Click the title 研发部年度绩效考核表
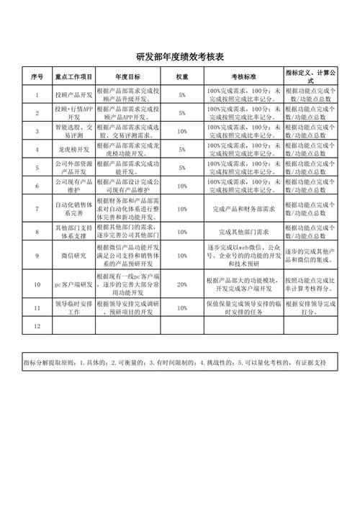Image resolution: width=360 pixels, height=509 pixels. coord(180,57)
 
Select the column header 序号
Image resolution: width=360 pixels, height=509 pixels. coord(37,76)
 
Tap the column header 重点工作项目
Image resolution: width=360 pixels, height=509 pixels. coord(73,76)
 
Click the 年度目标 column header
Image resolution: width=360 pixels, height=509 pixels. coord(127,76)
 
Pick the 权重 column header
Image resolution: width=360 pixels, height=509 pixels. coord(182,76)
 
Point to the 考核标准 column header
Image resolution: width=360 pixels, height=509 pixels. coord(243,76)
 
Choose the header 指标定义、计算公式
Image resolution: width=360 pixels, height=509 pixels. coord(310,76)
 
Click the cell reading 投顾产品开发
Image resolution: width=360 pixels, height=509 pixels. coord(73,94)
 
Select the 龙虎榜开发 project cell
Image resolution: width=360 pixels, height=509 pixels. coord(73,149)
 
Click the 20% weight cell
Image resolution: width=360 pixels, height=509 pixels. coord(182,284)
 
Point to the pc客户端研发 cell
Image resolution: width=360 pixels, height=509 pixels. coord(73,284)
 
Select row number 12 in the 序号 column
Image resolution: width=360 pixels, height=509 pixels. coord(37,325)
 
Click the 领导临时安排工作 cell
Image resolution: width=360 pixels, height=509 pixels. coord(73,307)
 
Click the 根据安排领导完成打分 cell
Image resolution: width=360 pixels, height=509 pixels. coord(310,307)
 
